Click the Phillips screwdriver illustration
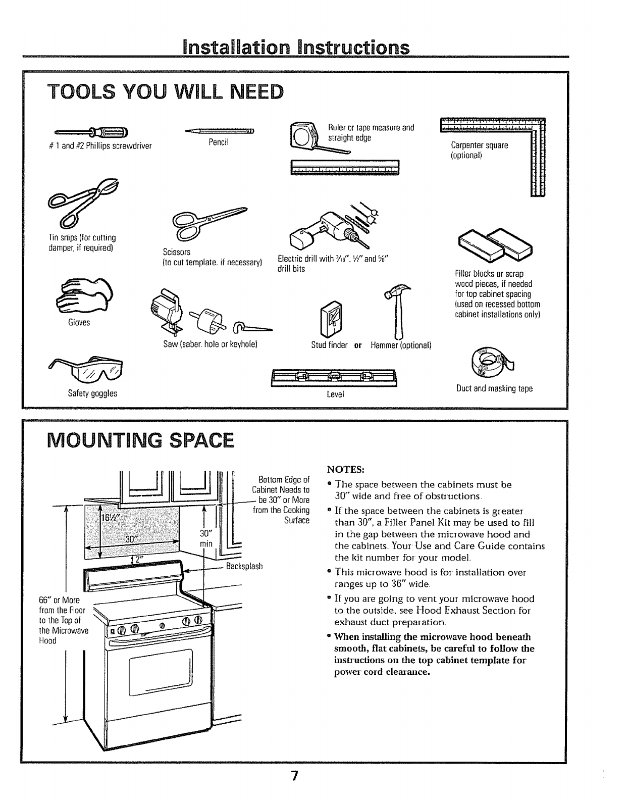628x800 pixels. [93, 133]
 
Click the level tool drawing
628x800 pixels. [334, 378]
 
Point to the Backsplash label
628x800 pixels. [244, 566]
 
